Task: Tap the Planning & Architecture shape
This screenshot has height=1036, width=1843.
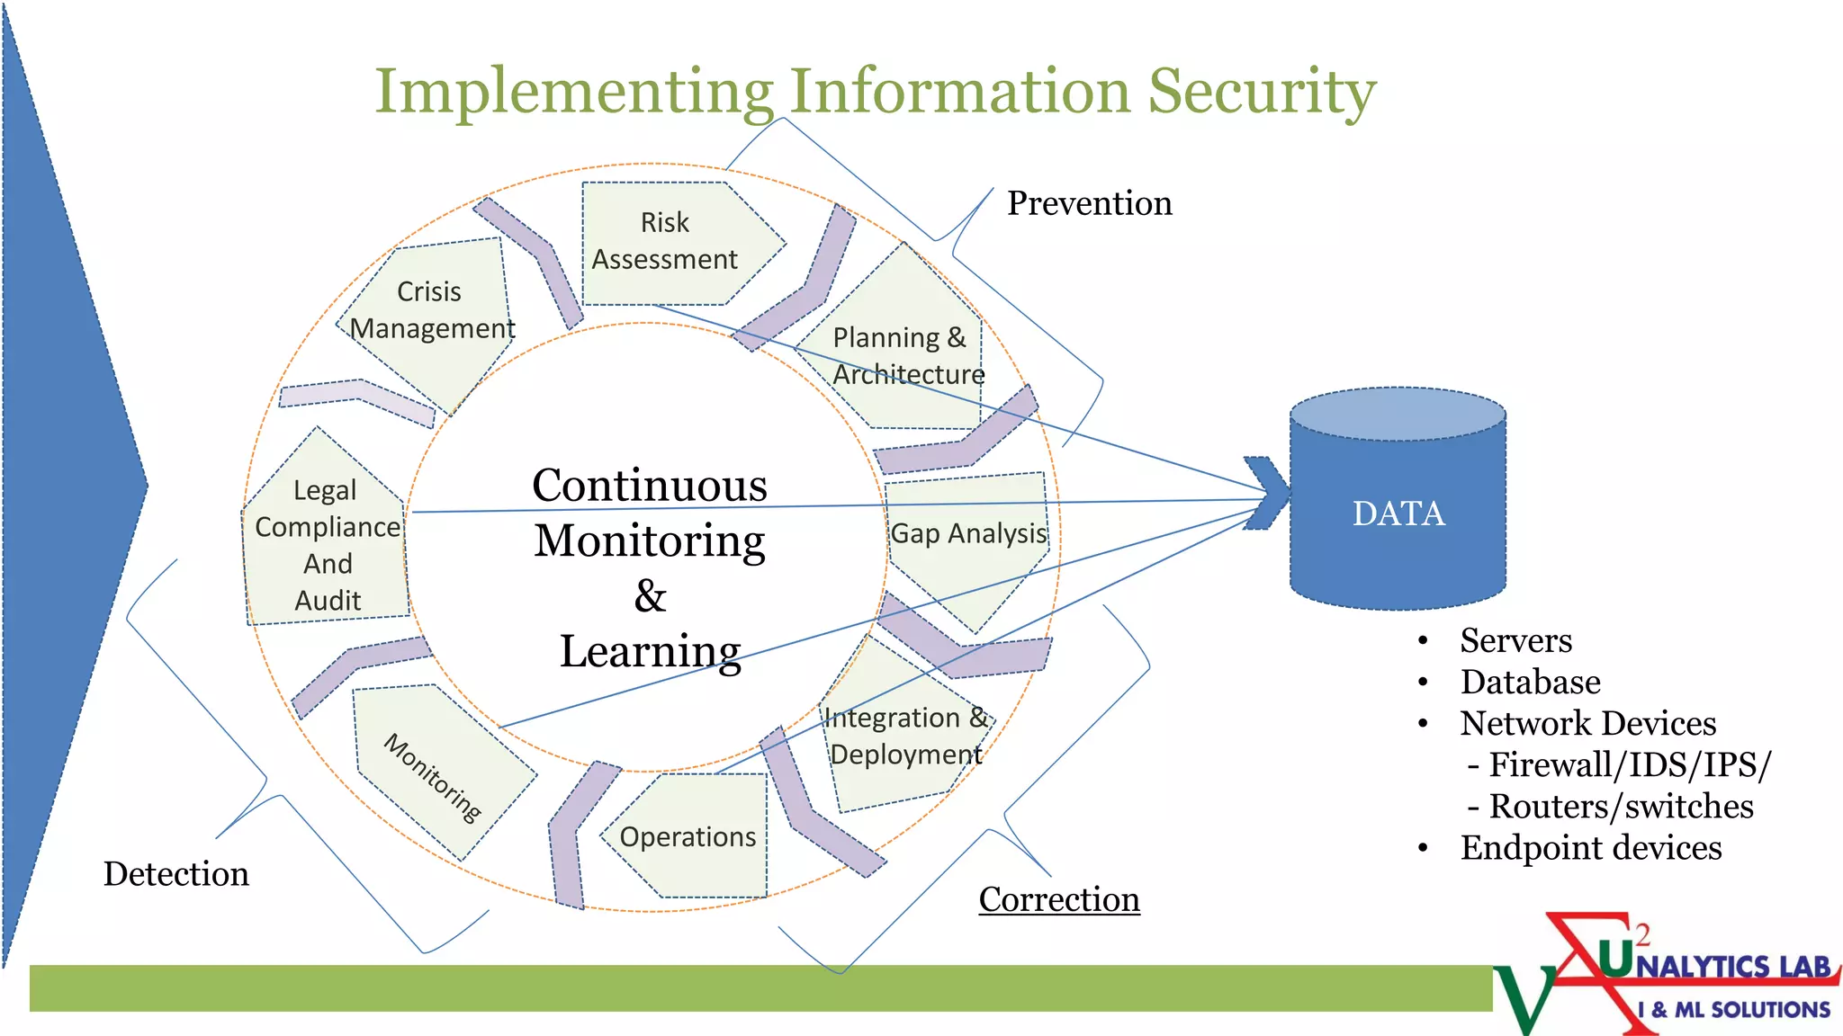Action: [x=904, y=355]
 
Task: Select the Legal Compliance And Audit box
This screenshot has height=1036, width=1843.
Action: [x=328, y=545]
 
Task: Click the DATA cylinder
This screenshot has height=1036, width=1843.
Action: [x=1398, y=513]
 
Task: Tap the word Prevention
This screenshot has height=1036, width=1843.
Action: [x=1089, y=203]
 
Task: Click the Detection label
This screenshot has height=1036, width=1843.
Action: [x=176, y=874]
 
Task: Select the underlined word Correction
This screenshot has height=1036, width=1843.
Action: [x=1059, y=899]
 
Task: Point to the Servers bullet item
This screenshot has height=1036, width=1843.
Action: [x=1515, y=640]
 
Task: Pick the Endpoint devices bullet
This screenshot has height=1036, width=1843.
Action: [x=1590, y=848]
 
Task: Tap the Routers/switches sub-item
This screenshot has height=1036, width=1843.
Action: [x=1620, y=807]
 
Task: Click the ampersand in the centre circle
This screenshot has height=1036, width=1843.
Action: [x=650, y=596]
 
